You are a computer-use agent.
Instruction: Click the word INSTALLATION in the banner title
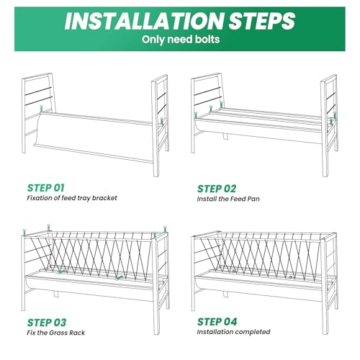click(144, 21)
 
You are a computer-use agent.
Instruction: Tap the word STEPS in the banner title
click(261, 21)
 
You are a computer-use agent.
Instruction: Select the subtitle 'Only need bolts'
click(181, 40)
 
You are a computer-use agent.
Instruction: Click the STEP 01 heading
click(46, 188)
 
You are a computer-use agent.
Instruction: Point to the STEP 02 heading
click(217, 189)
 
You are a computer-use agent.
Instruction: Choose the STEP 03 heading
click(47, 323)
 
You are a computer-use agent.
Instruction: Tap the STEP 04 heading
click(217, 322)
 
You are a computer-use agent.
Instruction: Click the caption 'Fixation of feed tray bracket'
click(72, 198)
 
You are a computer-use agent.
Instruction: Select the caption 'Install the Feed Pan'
click(228, 199)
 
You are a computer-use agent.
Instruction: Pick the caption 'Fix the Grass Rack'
click(56, 333)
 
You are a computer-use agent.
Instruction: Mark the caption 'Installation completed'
click(233, 332)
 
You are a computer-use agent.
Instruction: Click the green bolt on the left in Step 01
click(42, 109)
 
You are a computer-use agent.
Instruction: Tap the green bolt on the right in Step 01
click(162, 121)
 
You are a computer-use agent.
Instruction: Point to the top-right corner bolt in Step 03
click(165, 229)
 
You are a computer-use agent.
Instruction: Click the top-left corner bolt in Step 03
click(24, 232)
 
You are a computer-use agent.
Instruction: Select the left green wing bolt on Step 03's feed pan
click(61, 272)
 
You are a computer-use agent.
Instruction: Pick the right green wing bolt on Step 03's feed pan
click(119, 278)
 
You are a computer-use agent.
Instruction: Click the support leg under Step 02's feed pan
click(225, 136)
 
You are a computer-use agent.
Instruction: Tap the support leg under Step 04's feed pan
click(225, 294)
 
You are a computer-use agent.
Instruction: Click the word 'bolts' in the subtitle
click(207, 40)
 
